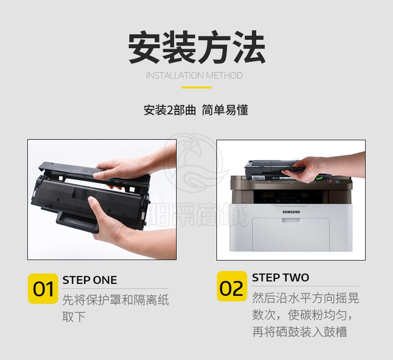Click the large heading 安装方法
197,47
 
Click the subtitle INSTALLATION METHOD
194,76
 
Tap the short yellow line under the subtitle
196,88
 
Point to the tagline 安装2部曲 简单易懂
196,110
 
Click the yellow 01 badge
43,288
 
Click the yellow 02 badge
232,286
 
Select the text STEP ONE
90,280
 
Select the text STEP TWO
281,277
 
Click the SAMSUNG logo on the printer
291,212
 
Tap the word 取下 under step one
74,317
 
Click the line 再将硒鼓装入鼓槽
299,332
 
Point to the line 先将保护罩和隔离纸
115,300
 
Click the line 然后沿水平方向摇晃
305,298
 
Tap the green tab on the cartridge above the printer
319,179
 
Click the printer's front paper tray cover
291,234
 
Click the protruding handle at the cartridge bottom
77,221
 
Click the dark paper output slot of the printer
291,197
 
